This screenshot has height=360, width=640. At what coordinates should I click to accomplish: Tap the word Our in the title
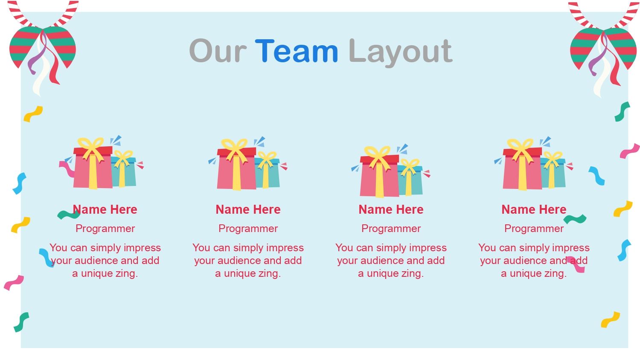218,51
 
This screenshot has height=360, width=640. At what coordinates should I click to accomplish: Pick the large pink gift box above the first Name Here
93,168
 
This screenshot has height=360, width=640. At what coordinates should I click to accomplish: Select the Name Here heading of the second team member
248,209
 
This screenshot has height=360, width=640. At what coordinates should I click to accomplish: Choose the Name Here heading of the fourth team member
534,209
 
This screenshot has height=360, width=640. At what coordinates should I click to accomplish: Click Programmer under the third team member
391,229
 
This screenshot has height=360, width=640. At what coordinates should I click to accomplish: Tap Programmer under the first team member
105,229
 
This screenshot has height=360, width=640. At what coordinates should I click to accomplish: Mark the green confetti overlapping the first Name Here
69,215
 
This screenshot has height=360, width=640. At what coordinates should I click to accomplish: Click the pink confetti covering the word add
576,264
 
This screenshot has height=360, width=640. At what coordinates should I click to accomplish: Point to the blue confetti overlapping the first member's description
47,258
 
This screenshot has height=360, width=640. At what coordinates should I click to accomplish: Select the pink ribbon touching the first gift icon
67,168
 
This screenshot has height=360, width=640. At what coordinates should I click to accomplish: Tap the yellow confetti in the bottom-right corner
610,320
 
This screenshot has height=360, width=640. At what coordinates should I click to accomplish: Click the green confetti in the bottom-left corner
21,322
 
